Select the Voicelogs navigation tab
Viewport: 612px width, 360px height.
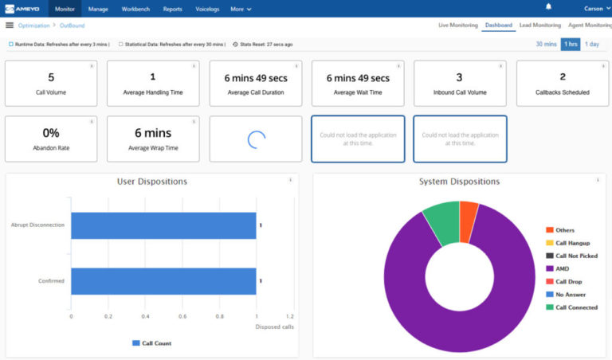point(207,9)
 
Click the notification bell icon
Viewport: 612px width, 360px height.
point(548,7)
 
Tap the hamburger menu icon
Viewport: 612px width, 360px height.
point(10,25)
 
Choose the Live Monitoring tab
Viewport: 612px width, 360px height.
point(457,25)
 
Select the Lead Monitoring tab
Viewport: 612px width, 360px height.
point(539,25)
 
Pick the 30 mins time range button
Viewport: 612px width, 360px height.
point(545,44)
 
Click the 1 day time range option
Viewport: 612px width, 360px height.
point(592,44)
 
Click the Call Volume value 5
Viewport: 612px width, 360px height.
point(51,77)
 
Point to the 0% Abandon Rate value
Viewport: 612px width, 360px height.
point(51,133)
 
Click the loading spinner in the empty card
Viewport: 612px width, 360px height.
point(256,139)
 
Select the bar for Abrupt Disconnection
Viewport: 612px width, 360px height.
point(163,225)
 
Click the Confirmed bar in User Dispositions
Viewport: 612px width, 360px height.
point(163,281)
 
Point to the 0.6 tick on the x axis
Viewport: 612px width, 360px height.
point(182,316)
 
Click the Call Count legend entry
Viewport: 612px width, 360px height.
point(151,343)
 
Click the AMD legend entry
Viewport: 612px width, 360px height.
point(562,268)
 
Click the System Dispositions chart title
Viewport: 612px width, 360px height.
point(459,182)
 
